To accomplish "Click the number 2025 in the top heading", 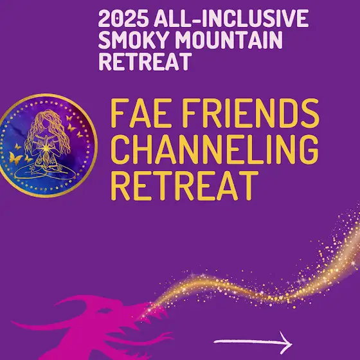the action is click(x=123, y=19).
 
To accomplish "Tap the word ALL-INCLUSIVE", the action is click(x=231, y=19).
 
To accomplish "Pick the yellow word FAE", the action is click(x=141, y=113).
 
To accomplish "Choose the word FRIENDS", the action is click(x=251, y=113).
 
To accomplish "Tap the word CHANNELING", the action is click(x=215, y=149).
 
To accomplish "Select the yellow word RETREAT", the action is click(x=184, y=186).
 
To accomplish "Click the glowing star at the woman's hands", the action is click(x=46, y=148).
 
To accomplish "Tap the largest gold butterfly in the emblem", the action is click(x=15, y=158).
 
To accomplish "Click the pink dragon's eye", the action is click(x=105, y=310).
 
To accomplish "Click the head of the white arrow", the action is click(x=286, y=343).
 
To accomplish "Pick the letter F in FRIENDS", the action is click(x=192, y=113).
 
